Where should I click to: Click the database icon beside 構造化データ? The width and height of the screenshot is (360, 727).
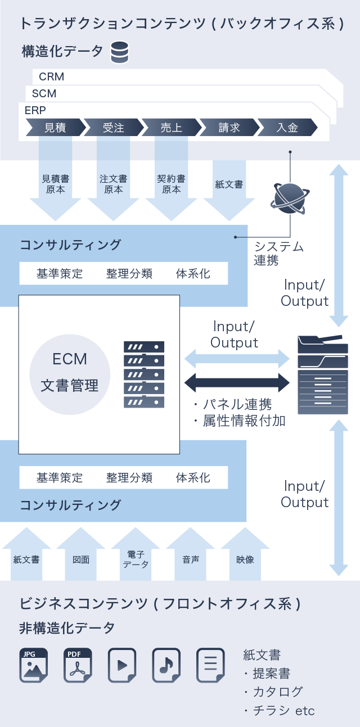[119, 52]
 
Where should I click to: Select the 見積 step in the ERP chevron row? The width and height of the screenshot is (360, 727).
[55, 128]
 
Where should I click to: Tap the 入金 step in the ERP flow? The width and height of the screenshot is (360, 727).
[287, 128]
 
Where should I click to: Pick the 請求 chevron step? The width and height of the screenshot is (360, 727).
[229, 128]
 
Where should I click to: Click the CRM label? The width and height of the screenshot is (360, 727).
[52, 76]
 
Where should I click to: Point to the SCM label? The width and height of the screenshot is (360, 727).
[44, 93]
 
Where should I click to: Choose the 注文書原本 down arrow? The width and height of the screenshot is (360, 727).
[113, 188]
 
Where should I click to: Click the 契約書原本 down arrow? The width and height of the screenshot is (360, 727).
[171, 188]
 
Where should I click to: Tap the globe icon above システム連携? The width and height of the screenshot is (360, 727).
[289, 199]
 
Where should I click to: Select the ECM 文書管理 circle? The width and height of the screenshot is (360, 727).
[70, 372]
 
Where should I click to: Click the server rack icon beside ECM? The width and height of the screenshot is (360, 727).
[144, 374]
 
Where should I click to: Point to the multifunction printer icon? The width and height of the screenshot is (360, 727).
[322, 374]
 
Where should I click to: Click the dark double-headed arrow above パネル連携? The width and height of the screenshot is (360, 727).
[237, 383]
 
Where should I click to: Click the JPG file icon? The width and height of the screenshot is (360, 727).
[33, 665]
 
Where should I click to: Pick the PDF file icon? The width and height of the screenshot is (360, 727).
[77, 665]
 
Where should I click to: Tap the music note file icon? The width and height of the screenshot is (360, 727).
[166, 665]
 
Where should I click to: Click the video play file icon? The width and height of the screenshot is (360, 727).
[122, 665]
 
